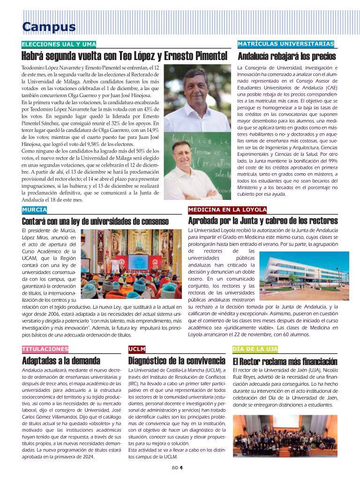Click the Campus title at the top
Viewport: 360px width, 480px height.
pos(49,27)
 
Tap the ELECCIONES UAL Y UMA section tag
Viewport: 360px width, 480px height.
pos(59,45)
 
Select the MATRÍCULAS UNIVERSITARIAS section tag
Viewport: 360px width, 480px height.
pos(286,44)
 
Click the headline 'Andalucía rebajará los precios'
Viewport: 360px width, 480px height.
pos(287,57)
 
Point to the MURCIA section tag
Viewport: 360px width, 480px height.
pos(34,210)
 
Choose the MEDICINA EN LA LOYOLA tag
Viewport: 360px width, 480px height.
pos(227,210)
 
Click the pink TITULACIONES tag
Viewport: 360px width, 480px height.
pos(45,349)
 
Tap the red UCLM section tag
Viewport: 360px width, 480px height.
pos(137,349)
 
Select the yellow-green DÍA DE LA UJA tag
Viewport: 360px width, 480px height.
pos(255,349)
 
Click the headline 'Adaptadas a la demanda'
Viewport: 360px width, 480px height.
pos(61,361)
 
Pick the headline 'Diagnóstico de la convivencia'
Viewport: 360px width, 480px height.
pos(177,361)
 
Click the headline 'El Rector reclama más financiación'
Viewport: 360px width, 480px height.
pos(285,361)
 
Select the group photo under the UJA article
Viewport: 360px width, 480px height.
pos(285,436)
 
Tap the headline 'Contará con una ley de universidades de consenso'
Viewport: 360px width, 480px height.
pos(95,221)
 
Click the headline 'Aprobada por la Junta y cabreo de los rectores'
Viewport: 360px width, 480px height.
pos(262,221)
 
